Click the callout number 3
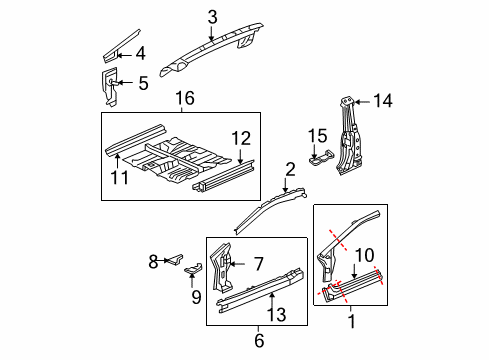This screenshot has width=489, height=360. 212,17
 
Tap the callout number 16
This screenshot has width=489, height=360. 185,98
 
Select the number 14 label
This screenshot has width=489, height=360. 383,101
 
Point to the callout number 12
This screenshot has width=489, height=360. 241,138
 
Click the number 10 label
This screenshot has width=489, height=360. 365,255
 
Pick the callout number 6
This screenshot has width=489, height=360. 259,340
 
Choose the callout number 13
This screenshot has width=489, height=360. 277,315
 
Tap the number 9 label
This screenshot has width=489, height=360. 196,297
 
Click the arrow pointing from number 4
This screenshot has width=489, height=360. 125,55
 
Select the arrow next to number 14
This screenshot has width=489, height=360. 362,102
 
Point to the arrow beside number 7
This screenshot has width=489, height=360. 237,264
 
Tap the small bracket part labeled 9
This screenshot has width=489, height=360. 194,269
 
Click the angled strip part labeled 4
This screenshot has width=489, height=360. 121,46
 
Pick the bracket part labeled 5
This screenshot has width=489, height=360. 109,87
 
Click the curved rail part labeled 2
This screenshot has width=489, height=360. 268,210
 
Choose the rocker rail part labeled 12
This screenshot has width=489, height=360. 223,175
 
